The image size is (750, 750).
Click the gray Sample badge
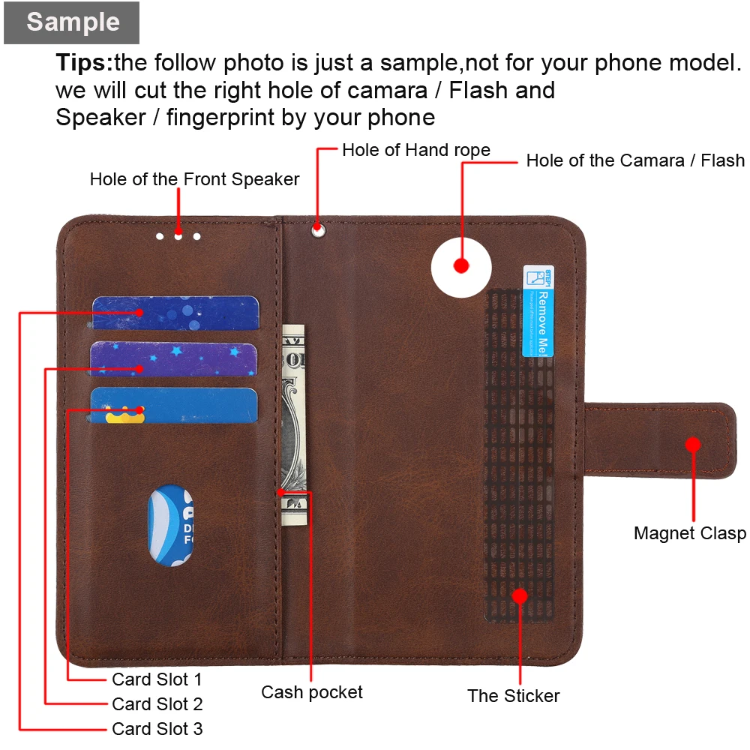pyautogui.click(x=72, y=22)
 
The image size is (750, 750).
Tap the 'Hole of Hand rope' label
pyautogui.click(x=415, y=150)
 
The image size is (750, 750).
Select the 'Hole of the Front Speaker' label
pyautogui.click(x=194, y=179)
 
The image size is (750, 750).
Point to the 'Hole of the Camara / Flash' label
pyautogui.click(x=635, y=160)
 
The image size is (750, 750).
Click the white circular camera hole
pyautogui.click(x=461, y=265)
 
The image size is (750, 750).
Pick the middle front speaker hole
pyautogui.click(x=178, y=236)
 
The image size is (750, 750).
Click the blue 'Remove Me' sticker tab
pyautogui.click(x=538, y=311)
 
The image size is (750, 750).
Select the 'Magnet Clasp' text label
pyautogui.click(x=690, y=533)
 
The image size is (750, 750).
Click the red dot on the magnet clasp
pyautogui.click(x=693, y=444)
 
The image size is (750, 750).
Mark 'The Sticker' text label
pyautogui.click(x=514, y=696)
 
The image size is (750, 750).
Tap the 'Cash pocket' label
pyautogui.click(x=312, y=692)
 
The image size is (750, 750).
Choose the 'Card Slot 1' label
pyautogui.click(x=157, y=679)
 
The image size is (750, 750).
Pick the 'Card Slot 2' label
pyautogui.click(x=157, y=704)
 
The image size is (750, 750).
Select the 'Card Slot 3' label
pyautogui.click(x=157, y=729)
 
